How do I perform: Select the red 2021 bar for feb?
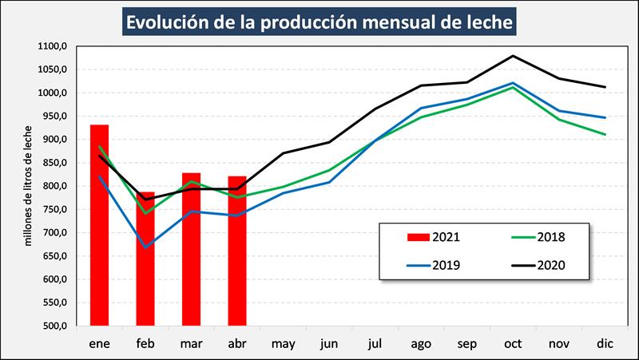tap(145, 263)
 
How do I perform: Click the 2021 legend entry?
tap(431, 236)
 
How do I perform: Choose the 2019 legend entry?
tap(431, 265)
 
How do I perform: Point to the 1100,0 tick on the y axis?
tap(51, 46)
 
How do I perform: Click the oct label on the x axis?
tap(512, 344)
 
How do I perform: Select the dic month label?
tap(604, 344)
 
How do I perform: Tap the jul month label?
tap(375, 344)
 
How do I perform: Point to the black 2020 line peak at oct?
tap(512, 56)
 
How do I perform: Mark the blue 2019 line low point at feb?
tap(145, 247)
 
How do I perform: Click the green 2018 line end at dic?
tap(604, 135)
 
